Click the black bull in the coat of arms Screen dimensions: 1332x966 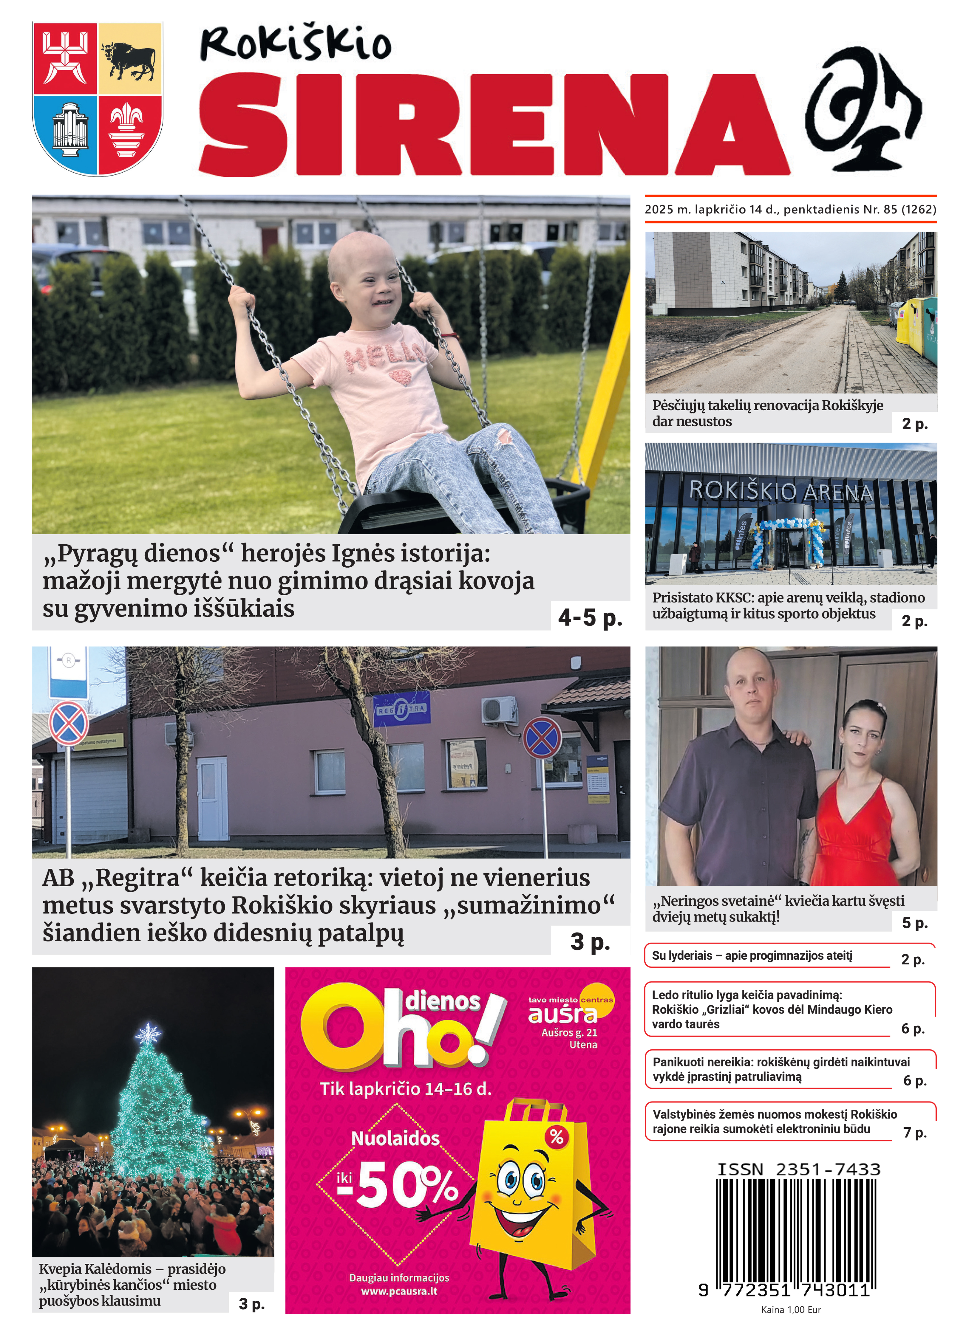(129, 59)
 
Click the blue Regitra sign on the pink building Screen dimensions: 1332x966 (402, 709)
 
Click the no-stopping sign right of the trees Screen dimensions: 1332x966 (542, 736)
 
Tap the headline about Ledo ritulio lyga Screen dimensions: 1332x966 (772, 1009)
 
